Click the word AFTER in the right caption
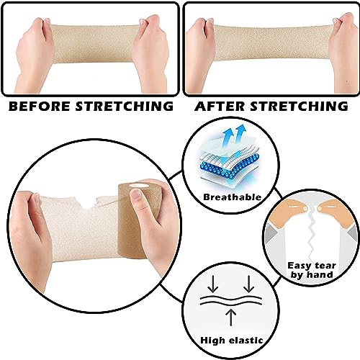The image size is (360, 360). point(220,106)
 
